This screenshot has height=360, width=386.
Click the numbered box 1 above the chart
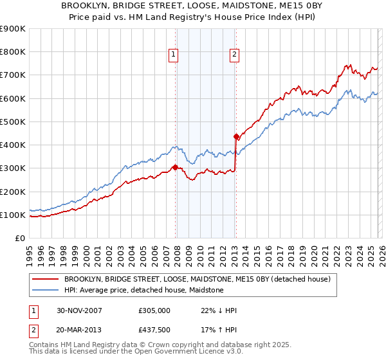coord(174,55)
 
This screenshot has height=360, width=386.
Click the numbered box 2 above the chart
coord(234,55)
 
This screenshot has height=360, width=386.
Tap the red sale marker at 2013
coord(236,136)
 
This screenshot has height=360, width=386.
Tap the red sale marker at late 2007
coord(175,167)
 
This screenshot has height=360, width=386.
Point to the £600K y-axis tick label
coord(13,98)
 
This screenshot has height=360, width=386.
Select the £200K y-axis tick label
coord(13,192)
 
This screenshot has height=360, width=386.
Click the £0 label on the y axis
coord(20,239)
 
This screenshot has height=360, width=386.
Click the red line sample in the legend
coord(46,279)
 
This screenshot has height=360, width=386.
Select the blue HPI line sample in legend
coord(46,290)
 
